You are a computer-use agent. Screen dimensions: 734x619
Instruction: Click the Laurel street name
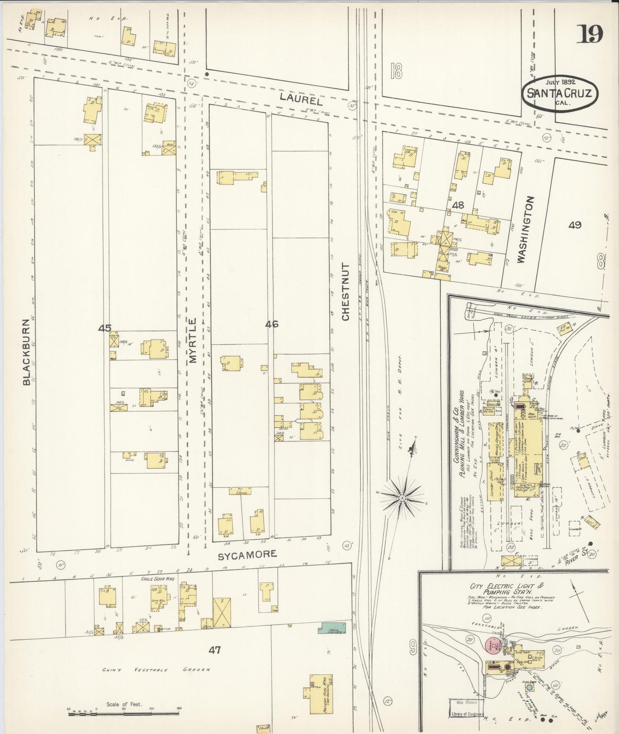click(301, 98)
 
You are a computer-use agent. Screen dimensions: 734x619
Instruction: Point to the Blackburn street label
click(27, 352)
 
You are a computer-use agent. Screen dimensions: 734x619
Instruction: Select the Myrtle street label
click(192, 340)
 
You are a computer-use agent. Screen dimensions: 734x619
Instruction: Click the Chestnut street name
click(345, 292)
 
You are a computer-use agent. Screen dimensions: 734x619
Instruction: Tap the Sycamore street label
click(247, 554)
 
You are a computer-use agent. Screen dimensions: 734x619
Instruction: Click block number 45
click(105, 328)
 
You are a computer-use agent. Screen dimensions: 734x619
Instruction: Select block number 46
click(272, 324)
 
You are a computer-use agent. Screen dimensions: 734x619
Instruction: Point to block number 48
click(458, 205)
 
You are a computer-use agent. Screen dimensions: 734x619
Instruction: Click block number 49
click(574, 224)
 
